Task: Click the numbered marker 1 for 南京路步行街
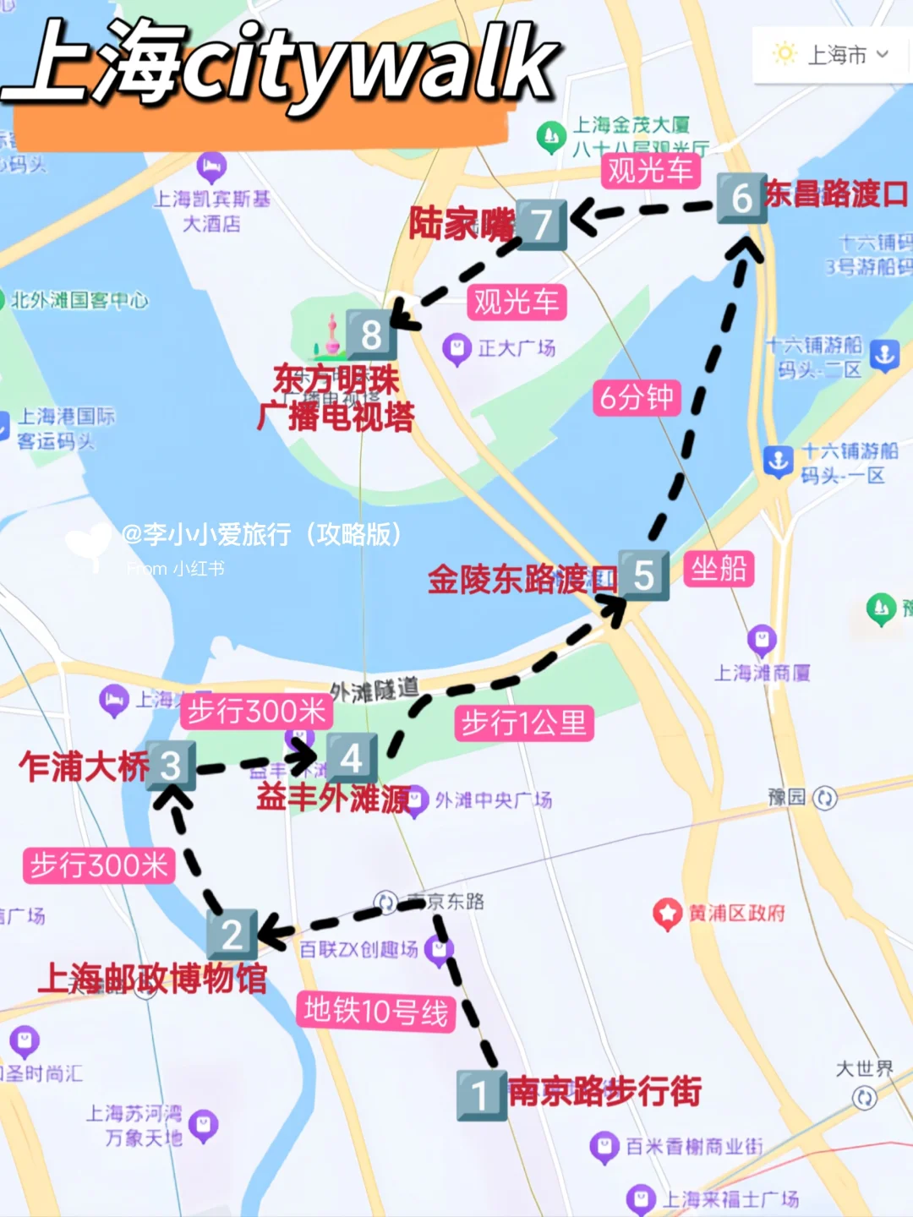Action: point(481,1095)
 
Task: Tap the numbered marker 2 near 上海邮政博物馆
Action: point(232,934)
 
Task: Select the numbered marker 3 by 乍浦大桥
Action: point(171,766)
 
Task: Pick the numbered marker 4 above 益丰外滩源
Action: point(351,758)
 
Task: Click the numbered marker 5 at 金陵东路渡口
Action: point(643,576)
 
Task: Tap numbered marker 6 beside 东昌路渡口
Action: point(741,199)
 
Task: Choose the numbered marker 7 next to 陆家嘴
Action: point(541,225)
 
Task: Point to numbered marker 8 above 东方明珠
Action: point(370,335)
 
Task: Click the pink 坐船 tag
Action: point(719,569)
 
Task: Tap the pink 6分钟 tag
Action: point(637,397)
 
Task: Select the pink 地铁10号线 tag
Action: point(376,1011)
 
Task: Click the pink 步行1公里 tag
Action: point(524,723)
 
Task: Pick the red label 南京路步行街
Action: point(605,1091)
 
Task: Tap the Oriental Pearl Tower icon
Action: point(331,336)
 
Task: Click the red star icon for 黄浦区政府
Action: point(668,914)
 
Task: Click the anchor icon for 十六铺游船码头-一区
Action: point(778,461)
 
